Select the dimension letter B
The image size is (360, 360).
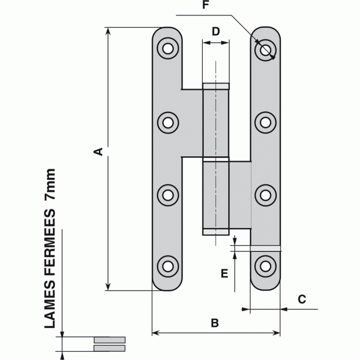pyautogui.click(x=215, y=322)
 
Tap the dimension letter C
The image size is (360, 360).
pyautogui.click(x=301, y=300)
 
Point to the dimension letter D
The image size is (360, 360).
pyautogui.click(x=216, y=31)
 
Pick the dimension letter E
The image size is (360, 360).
pyautogui.click(x=224, y=273)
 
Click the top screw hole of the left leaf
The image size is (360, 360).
pyautogui.click(x=167, y=49)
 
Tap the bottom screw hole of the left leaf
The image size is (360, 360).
pyautogui.click(x=167, y=266)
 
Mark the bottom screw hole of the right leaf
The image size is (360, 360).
pyautogui.click(x=266, y=266)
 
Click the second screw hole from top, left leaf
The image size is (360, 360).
pyautogui.click(x=167, y=122)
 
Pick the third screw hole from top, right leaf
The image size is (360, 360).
pyautogui.click(x=266, y=194)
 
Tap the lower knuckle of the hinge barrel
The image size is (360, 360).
pyautogui.click(x=215, y=196)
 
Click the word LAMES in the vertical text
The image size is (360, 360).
pyautogui.click(x=50, y=311)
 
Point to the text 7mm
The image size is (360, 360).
pyautogui.click(x=50, y=185)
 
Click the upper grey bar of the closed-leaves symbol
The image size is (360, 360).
pyautogui.click(x=110, y=340)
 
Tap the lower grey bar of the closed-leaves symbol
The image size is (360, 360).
pyautogui.click(x=110, y=348)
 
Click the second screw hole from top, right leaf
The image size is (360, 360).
pyautogui.click(x=266, y=122)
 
